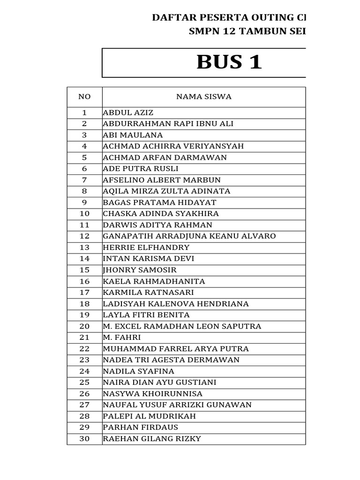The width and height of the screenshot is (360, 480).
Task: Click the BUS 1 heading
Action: [229, 62]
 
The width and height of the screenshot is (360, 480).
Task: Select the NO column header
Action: [84, 97]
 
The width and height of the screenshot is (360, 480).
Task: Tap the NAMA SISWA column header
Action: [203, 97]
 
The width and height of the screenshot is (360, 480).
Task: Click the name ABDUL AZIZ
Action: [128, 112]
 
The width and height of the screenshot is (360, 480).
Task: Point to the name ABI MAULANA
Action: [133, 135]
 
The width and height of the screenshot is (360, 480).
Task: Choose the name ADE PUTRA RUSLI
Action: [141, 169]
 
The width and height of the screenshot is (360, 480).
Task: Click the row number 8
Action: [84, 191]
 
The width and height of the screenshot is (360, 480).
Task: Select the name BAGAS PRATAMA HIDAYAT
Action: [159, 202]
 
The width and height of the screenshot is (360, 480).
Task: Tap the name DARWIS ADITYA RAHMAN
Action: [157, 225]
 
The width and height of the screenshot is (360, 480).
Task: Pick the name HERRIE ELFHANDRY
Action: [146, 247]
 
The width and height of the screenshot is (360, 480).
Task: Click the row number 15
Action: [84, 270]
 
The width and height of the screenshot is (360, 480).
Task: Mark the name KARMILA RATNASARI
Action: [149, 292]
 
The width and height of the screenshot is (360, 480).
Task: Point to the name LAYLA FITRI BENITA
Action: [146, 315]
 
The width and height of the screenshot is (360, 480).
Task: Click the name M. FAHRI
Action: [122, 337]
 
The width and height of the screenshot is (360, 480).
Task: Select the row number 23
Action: [84, 360]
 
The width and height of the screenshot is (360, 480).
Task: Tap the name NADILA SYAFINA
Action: [138, 371]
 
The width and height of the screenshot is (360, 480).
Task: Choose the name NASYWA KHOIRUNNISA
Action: [153, 394]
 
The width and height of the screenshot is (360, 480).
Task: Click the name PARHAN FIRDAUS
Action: [141, 427]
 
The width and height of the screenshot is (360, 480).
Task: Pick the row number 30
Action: [84, 439]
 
